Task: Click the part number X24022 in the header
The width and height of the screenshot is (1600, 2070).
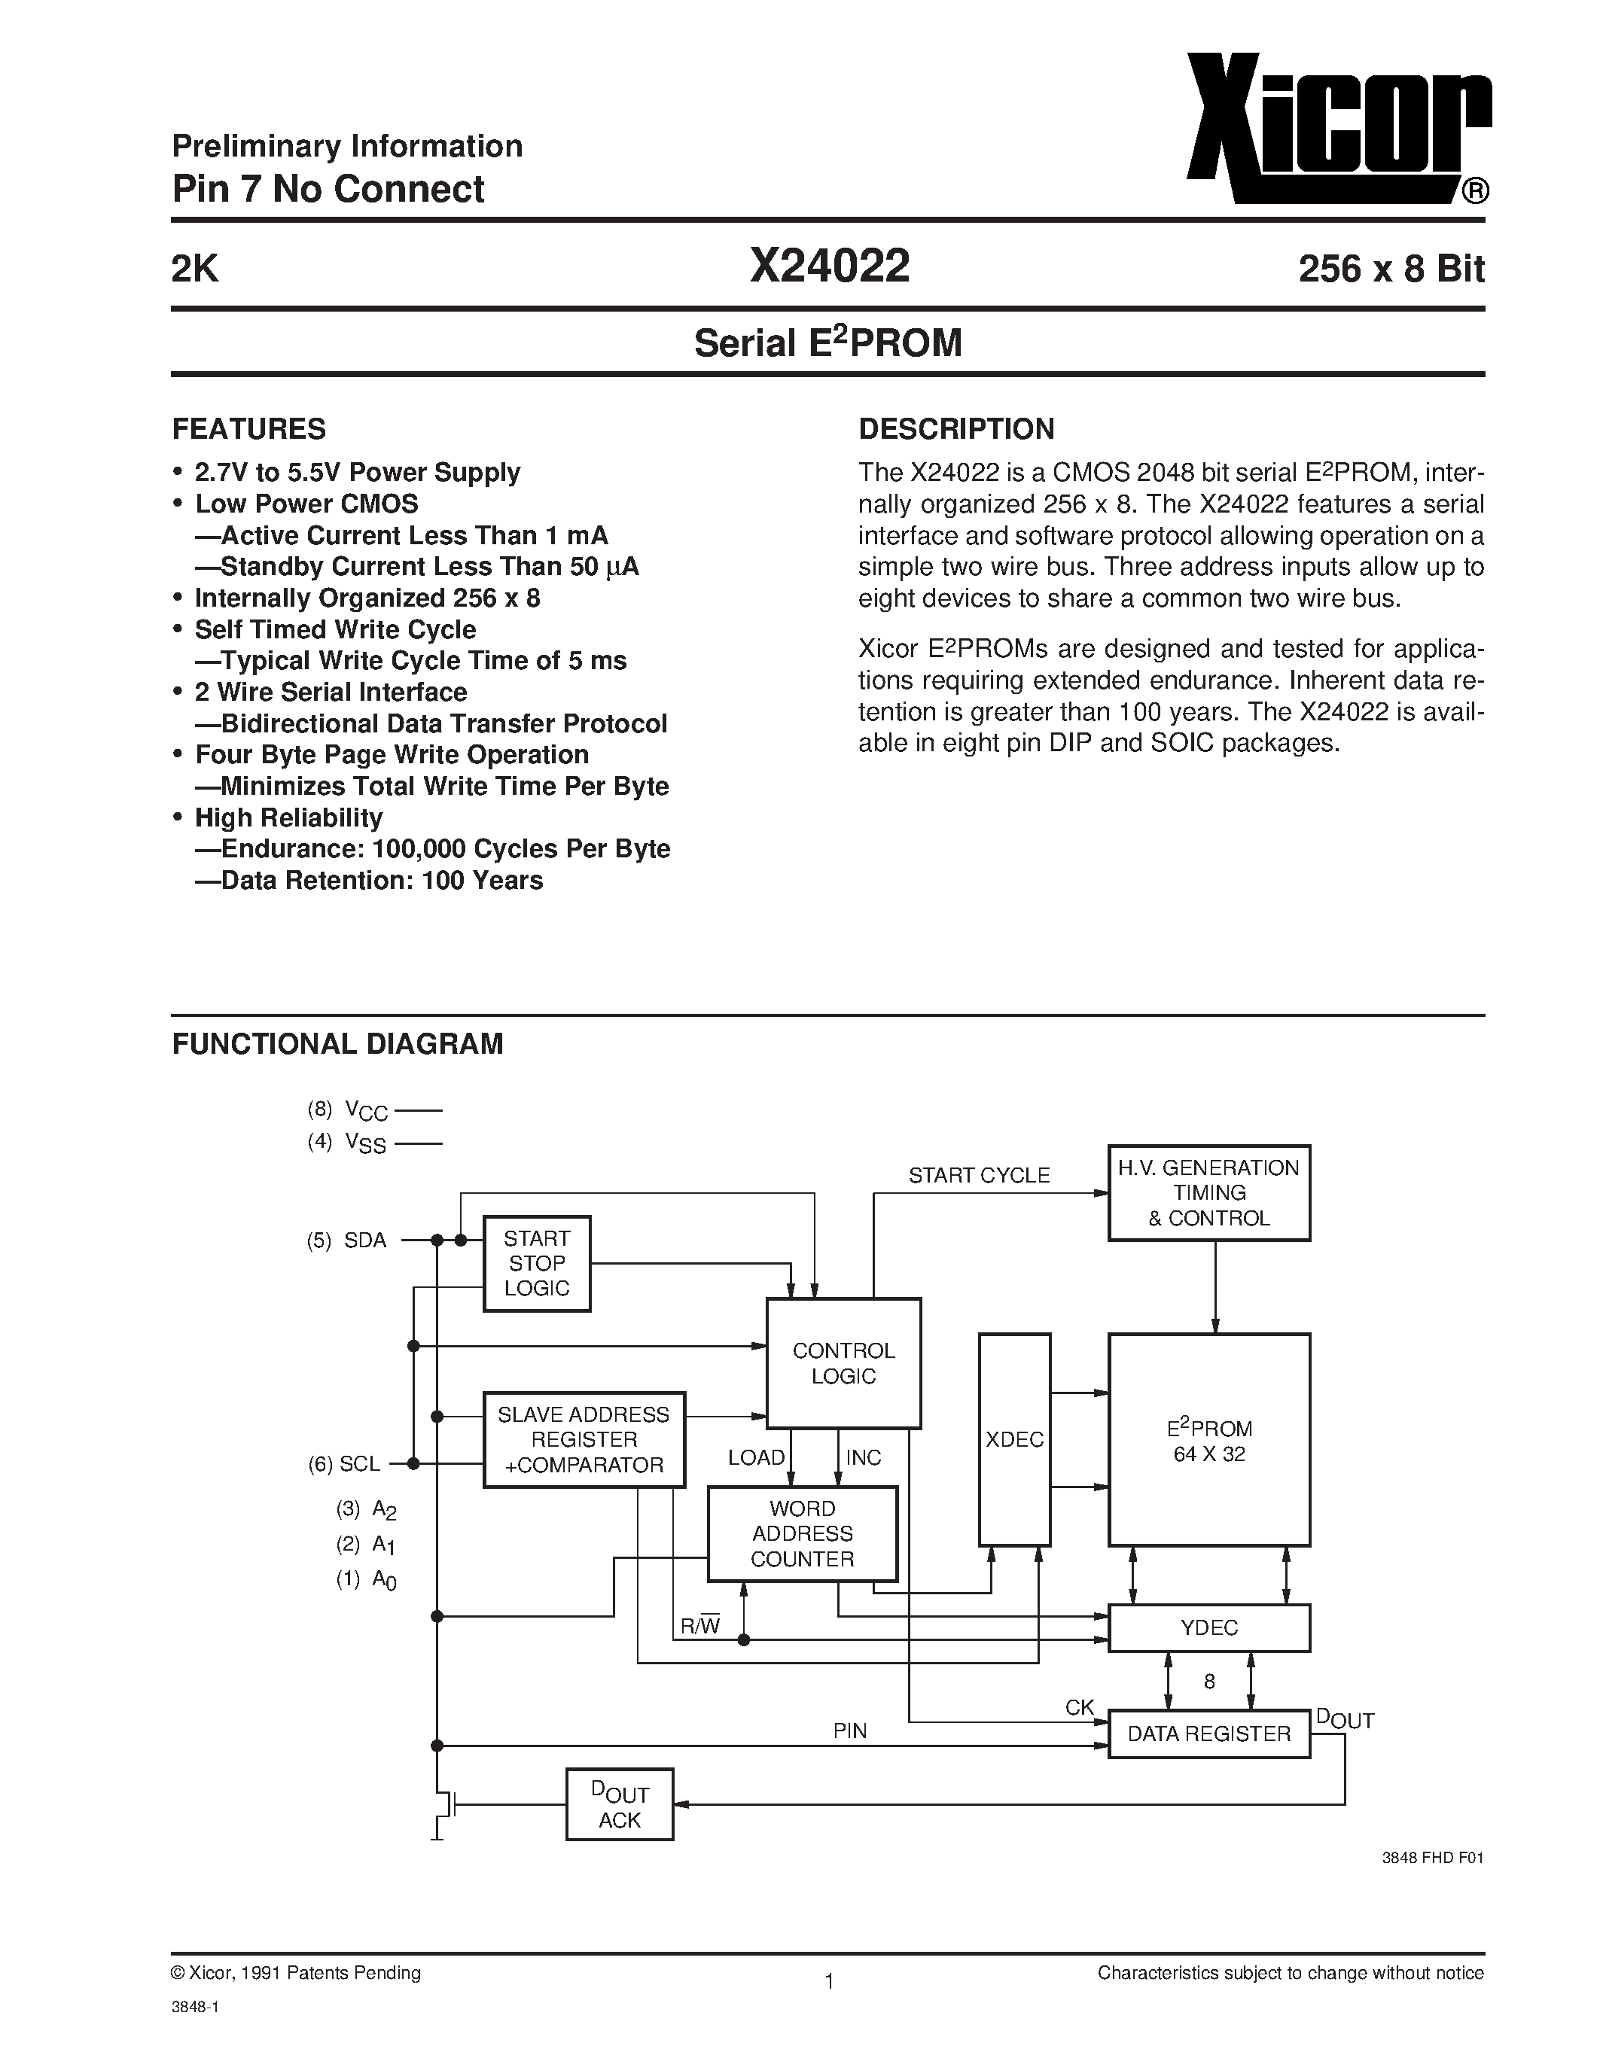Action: coord(830,266)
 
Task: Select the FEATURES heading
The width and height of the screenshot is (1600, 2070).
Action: coord(248,429)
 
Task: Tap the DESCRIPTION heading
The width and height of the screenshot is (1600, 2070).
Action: coord(955,429)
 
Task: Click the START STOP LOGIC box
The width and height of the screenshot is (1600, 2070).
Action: coord(537,1263)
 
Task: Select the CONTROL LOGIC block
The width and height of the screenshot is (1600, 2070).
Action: coord(843,1363)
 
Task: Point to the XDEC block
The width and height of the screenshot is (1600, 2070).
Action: coord(1014,1438)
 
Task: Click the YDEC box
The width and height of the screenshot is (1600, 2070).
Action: coord(1208,1627)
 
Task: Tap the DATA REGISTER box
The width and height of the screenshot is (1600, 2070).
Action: coord(1208,1734)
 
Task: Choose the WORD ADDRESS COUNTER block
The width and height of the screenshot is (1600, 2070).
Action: coord(802,1533)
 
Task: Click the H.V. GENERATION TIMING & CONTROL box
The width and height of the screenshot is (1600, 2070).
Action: coord(1208,1193)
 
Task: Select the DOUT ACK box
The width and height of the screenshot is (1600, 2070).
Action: coord(619,1804)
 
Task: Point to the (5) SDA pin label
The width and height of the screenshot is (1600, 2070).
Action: coord(347,1240)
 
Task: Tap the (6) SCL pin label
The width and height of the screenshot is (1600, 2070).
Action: coord(344,1463)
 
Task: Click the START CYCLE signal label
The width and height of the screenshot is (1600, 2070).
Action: coord(978,1175)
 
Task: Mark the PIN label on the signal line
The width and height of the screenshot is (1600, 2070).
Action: coord(849,1731)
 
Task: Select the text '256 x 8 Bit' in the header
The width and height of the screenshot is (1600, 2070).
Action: coord(1391,270)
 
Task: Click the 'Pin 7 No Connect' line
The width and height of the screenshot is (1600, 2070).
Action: coord(328,190)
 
